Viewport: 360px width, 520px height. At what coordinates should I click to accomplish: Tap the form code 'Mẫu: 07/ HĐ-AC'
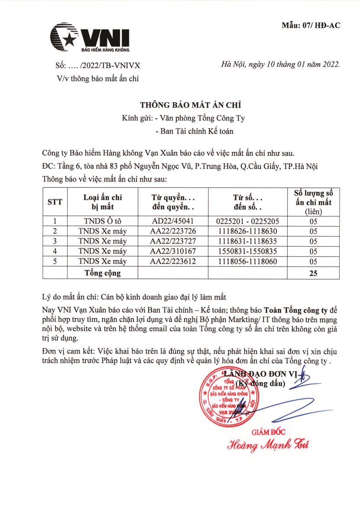(x=311, y=25)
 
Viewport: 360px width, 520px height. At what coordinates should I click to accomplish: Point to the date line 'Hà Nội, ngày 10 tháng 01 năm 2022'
(x=281, y=64)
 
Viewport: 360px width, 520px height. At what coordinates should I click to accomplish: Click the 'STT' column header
(x=55, y=201)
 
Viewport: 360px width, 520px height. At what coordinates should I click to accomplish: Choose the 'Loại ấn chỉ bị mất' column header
(x=103, y=201)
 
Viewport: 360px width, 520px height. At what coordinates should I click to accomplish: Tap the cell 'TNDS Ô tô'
(x=103, y=221)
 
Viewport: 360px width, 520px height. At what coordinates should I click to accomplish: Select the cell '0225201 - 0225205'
(x=248, y=221)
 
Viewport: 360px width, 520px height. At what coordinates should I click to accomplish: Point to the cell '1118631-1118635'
(x=248, y=241)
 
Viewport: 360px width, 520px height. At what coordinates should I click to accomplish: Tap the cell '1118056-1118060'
(x=248, y=261)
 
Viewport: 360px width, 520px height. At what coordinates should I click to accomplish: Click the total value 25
(x=313, y=273)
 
